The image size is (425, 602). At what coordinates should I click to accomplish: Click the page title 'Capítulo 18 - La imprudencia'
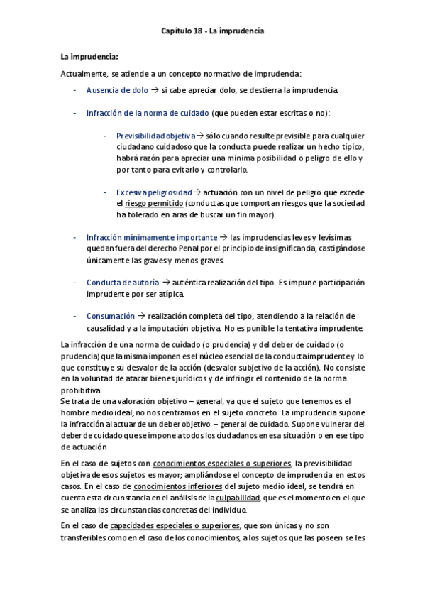click(212, 31)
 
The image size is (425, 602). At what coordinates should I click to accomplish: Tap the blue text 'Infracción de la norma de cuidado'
click(148, 113)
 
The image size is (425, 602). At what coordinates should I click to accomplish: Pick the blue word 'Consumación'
click(110, 316)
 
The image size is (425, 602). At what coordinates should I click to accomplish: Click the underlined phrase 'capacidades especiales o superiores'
click(176, 526)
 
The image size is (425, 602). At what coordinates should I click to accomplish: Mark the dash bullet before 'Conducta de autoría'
click(76, 282)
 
